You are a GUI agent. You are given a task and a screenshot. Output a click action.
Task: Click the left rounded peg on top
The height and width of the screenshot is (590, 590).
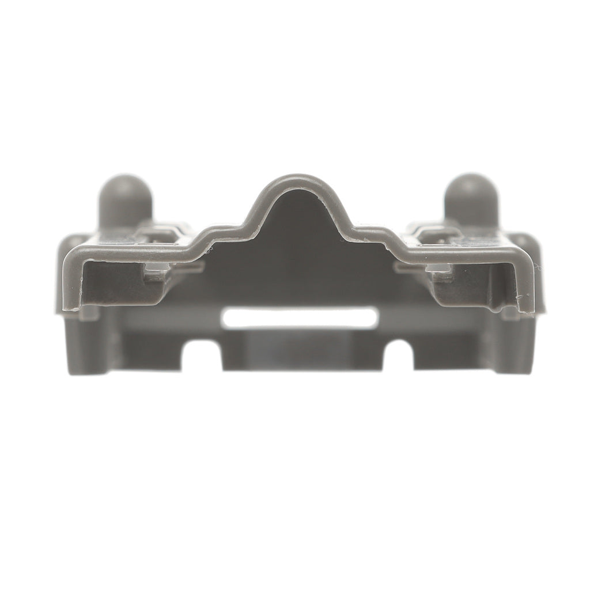[x=125, y=199]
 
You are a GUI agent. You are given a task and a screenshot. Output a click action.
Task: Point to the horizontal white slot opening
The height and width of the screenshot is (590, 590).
[x=300, y=317]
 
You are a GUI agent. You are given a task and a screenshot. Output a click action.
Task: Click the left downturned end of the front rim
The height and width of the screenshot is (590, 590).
[x=70, y=277]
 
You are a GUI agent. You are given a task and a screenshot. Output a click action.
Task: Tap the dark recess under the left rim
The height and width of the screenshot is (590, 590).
[x=115, y=285]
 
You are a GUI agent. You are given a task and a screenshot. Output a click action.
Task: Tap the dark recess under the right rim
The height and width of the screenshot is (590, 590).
[x=472, y=285]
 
